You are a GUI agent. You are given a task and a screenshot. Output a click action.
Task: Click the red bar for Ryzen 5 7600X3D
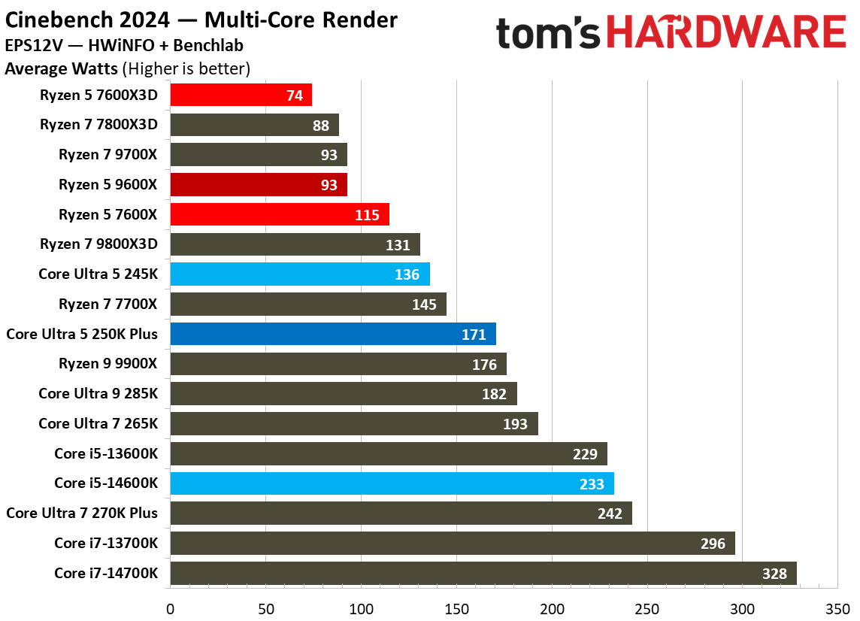pyautogui.click(x=241, y=95)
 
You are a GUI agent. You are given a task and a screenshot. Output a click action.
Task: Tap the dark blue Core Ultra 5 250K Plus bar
pyautogui.click(x=332, y=334)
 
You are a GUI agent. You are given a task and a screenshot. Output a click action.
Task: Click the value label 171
pyautogui.click(x=474, y=335)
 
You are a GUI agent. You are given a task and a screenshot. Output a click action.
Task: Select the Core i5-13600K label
pyautogui.click(x=106, y=453)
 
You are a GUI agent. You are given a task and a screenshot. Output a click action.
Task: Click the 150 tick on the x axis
pyautogui.click(x=456, y=607)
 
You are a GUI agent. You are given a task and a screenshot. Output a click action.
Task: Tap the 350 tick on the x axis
pyautogui.click(x=838, y=607)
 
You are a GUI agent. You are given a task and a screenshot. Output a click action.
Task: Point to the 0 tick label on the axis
pyautogui.click(x=171, y=607)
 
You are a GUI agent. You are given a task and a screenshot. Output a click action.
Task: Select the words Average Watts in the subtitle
pyautogui.click(x=61, y=69)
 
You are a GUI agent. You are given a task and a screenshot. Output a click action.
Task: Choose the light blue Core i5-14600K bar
pyautogui.click(x=392, y=483)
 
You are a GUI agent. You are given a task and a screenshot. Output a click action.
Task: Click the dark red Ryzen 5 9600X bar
pyautogui.click(x=258, y=184)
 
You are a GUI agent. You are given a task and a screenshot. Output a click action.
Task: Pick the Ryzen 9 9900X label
pyautogui.click(x=108, y=364)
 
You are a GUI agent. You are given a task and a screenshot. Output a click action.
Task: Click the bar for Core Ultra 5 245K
pyautogui.click(x=299, y=274)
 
